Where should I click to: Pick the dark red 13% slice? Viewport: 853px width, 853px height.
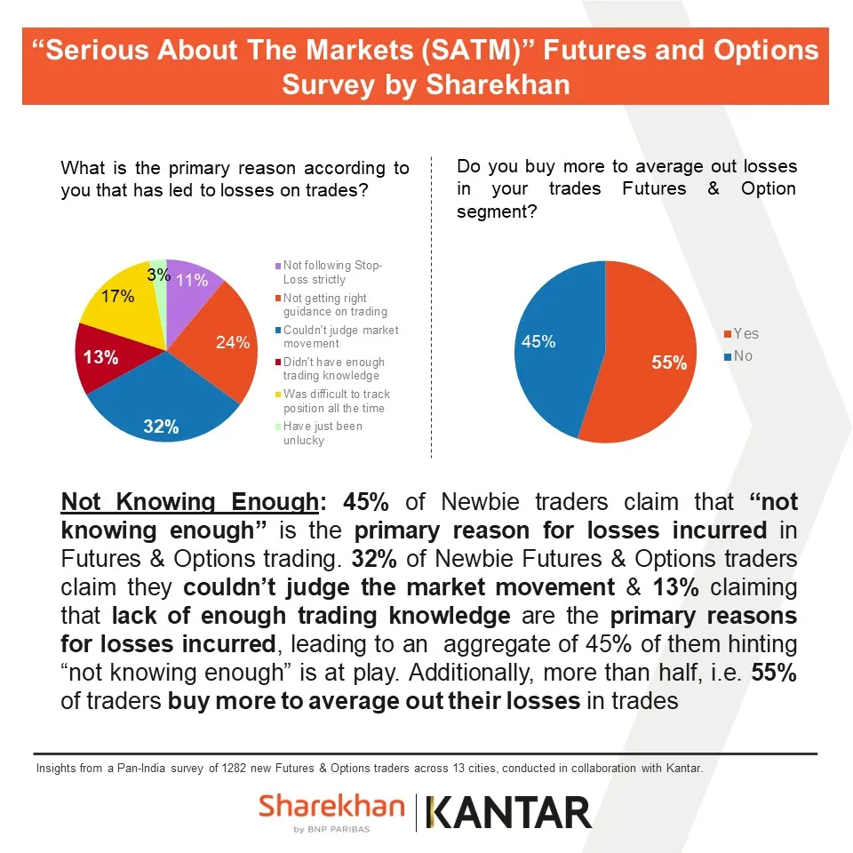click(x=100, y=357)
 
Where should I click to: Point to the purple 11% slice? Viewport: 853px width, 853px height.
click(x=189, y=282)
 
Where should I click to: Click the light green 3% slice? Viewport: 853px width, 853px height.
click(x=160, y=273)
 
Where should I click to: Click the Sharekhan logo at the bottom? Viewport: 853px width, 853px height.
click(x=331, y=812)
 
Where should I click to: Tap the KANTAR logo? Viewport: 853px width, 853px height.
click(x=509, y=812)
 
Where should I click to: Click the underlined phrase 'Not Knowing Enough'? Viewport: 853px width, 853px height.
click(x=189, y=502)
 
